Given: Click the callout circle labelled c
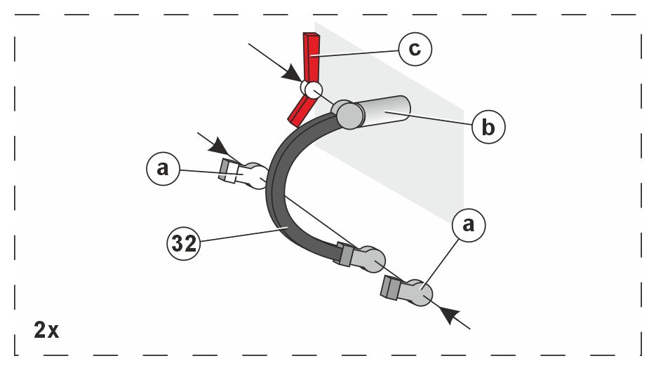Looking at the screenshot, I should click(414, 50).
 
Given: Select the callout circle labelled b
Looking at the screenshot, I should click(488, 127).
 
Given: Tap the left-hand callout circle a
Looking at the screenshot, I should click(163, 168).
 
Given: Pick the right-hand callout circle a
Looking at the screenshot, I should click(469, 224).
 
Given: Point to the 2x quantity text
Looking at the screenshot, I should click(46, 329).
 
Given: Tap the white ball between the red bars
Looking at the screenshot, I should click(311, 89).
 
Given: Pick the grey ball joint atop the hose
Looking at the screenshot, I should click(347, 114).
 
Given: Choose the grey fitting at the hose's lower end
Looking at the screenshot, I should click(368, 259).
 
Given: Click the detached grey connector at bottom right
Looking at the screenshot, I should click(415, 292).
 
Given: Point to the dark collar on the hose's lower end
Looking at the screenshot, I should click(344, 254).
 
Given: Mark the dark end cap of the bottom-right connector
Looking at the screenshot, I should click(389, 288).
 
